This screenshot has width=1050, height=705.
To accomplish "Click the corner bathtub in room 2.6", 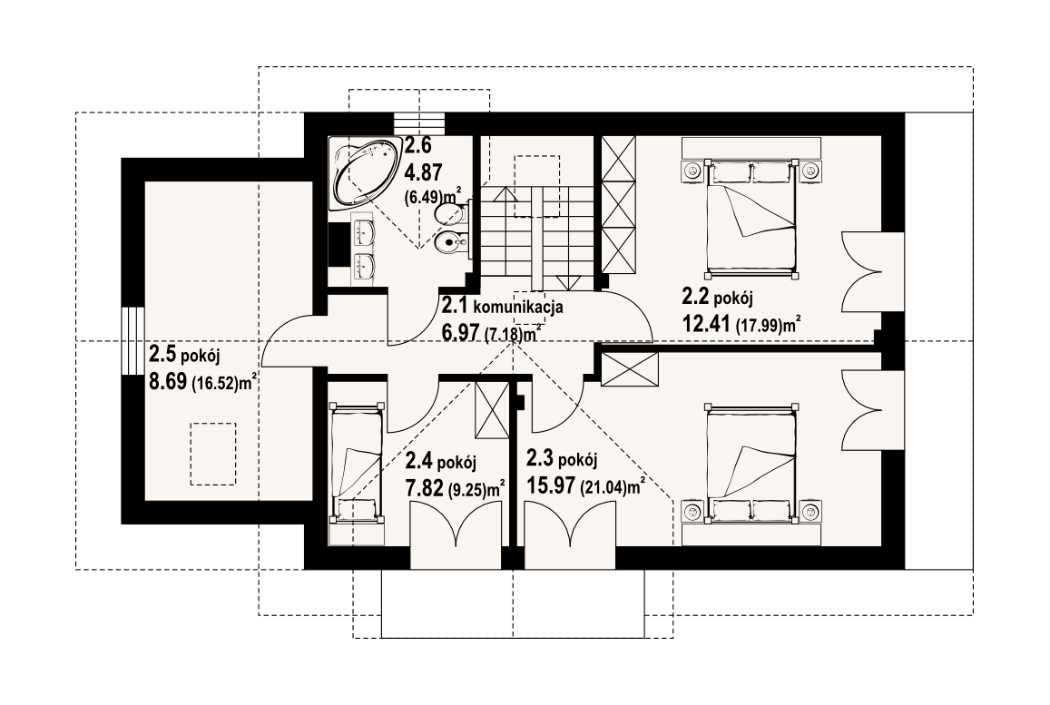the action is tap(364, 174).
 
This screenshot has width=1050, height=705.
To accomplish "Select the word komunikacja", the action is tap(518, 308).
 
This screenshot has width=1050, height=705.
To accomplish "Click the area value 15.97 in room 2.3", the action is tap(551, 485).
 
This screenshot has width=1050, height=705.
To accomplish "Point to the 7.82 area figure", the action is tap(425, 487).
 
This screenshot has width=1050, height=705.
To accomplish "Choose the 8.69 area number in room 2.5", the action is tap(168, 382).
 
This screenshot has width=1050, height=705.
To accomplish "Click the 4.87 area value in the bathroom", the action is tap(423, 172).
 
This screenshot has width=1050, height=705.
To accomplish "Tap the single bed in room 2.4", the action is tap(357, 462).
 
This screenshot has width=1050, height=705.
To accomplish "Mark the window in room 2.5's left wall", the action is tap(132, 341).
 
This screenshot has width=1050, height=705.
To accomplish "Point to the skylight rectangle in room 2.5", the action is tap(213, 454).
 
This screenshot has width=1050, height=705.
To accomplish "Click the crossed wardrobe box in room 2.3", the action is tap(630, 370).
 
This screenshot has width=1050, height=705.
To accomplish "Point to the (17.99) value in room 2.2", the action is tap(760, 326).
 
